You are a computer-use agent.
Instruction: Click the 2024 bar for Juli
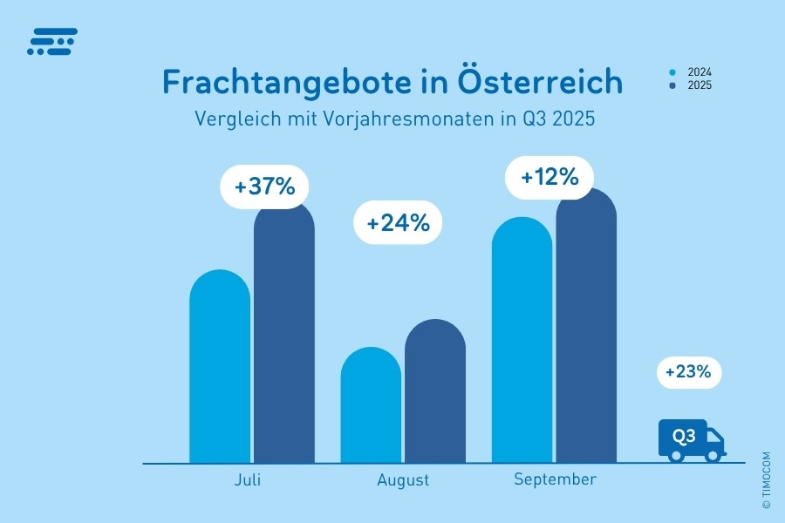(x=220, y=370)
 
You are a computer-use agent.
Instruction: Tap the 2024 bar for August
(x=371, y=408)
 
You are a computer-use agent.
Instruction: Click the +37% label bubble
(x=264, y=187)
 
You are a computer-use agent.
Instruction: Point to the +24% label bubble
(x=398, y=223)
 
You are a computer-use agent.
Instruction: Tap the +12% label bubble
(x=549, y=178)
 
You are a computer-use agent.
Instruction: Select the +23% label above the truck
(x=689, y=373)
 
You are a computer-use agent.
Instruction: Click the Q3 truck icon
(x=691, y=440)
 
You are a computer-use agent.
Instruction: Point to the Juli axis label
(x=248, y=480)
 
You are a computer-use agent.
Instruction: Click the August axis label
(x=403, y=480)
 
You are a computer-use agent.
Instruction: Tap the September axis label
(x=555, y=479)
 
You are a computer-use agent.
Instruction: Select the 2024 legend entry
(x=693, y=72)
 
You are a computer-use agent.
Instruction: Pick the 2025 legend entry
(x=693, y=85)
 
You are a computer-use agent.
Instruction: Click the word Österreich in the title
(x=541, y=83)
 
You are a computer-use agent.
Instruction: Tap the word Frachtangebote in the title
(x=295, y=83)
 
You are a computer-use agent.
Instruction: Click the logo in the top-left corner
(x=52, y=42)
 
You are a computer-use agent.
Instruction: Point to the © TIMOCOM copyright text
(x=766, y=480)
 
